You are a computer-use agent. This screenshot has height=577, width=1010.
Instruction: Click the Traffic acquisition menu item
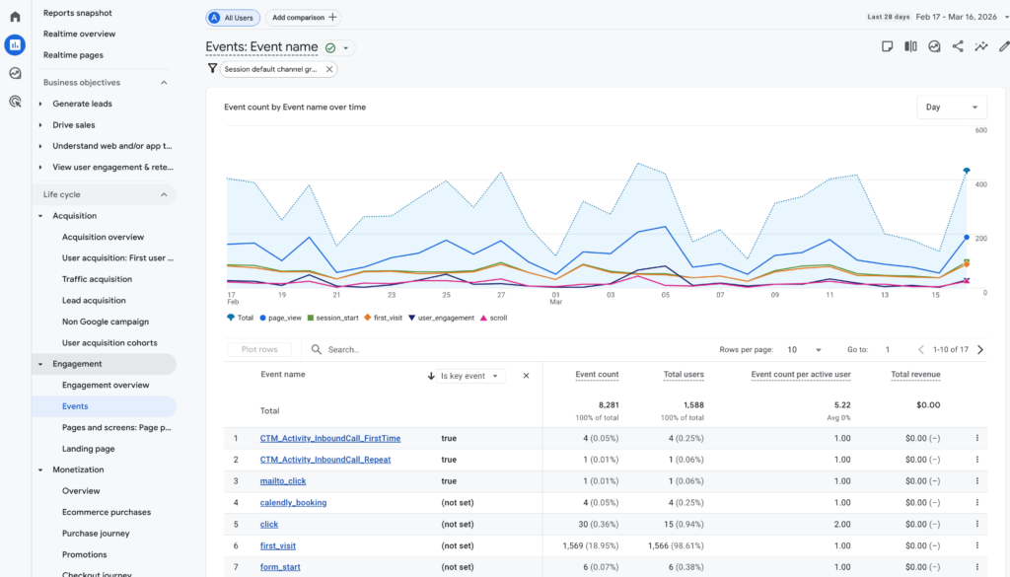97,279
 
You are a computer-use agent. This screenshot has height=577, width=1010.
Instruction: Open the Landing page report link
88,449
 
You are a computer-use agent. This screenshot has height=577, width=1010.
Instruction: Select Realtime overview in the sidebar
79,34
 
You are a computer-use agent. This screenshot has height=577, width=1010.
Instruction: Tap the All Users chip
233,18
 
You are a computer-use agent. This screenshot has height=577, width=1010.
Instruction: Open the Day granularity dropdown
951,107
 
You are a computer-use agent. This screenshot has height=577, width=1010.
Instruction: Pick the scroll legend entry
493,318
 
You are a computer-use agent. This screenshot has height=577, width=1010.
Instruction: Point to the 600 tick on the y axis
980,130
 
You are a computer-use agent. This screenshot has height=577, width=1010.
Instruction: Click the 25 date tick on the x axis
446,294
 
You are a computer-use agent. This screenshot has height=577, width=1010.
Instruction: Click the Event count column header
597,375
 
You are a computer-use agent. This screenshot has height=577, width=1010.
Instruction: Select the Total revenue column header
915,375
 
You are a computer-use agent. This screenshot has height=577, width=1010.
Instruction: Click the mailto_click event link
282,481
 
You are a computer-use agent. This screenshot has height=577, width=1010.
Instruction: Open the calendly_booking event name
293,503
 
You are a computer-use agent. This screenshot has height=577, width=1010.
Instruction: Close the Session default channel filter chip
329,69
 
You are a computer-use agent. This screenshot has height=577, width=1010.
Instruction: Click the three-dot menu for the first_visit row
977,545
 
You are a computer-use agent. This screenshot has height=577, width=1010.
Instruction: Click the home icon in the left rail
15,17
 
